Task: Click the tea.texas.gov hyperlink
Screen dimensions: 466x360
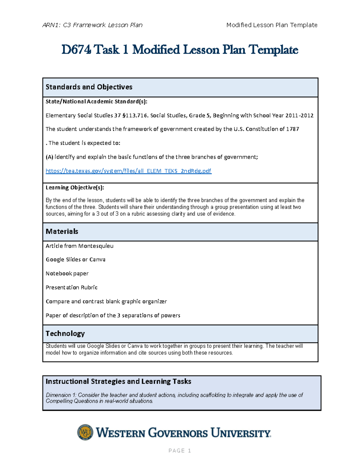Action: point(128,171)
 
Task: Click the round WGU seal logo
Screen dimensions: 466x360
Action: point(85,432)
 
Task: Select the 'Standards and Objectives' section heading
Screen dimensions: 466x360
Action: point(89,87)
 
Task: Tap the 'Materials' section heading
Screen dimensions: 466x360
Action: point(62,231)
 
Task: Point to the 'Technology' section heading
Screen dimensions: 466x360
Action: point(65,333)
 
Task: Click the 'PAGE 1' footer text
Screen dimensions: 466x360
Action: point(180,450)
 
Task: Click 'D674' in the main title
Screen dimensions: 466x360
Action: point(76,50)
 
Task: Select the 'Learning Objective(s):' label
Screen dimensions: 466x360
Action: point(75,188)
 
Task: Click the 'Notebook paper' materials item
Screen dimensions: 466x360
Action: point(67,274)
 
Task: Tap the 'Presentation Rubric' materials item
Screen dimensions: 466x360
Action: point(71,287)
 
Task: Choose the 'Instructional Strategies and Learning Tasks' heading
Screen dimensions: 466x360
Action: point(118,381)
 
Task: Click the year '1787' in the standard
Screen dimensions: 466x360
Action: point(292,129)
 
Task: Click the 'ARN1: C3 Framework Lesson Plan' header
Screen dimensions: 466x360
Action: point(92,25)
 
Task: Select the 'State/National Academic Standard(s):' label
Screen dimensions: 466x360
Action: point(96,102)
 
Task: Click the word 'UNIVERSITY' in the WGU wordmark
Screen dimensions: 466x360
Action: point(241,433)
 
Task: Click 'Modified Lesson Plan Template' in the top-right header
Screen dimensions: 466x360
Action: point(272,25)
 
